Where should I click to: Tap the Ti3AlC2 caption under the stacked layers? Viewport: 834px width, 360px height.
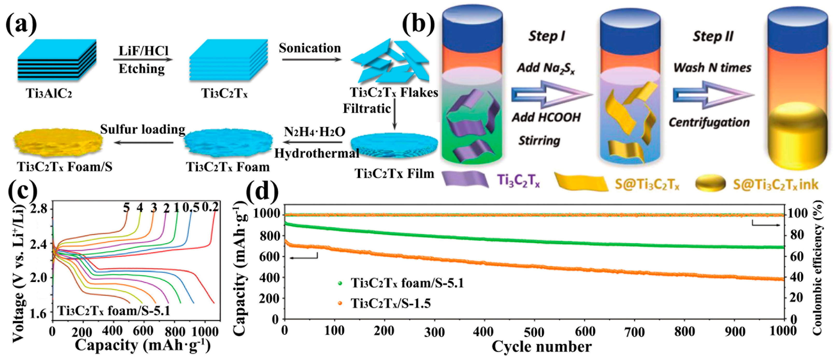click(49, 93)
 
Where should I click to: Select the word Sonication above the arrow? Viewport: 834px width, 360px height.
click(310, 48)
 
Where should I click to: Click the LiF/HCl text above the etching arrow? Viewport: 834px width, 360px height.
click(144, 51)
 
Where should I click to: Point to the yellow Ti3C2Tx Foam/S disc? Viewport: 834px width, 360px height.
click(58, 141)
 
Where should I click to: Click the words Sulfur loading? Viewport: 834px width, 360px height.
click(142, 129)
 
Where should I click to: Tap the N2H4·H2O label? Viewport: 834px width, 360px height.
click(314, 132)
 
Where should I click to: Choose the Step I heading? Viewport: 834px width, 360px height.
click(546, 36)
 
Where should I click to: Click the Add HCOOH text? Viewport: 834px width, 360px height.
click(546, 117)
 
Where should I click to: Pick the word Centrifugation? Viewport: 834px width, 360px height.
click(709, 122)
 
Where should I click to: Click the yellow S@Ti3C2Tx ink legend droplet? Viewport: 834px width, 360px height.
click(711, 183)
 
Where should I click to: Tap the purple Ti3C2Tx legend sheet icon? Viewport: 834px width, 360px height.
click(465, 179)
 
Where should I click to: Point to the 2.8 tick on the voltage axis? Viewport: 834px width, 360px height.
click(39, 209)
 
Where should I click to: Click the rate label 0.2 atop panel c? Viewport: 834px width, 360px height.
click(210, 207)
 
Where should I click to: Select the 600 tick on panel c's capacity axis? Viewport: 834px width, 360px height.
click(143, 331)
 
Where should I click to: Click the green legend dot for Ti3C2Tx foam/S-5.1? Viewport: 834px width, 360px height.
click(340, 283)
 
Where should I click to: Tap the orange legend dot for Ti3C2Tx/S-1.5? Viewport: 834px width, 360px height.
click(340, 303)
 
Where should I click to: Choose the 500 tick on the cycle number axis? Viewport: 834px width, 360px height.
click(534, 332)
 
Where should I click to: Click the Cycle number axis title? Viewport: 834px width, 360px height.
click(541, 347)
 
